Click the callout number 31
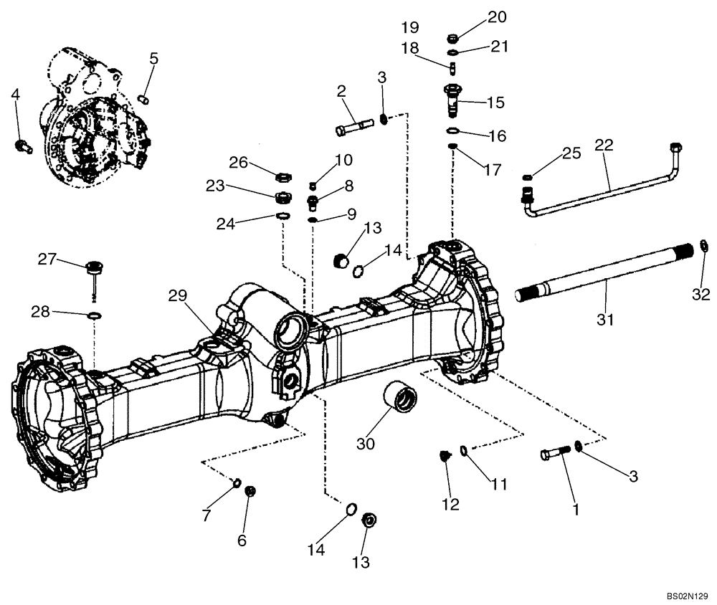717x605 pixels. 606,320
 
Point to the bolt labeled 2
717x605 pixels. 353,128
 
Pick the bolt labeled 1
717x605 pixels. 556,453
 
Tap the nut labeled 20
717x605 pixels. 452,38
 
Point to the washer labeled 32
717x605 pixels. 703,247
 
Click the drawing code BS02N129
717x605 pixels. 686,596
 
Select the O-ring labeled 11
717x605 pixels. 465,450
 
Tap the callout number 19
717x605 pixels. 410,28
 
